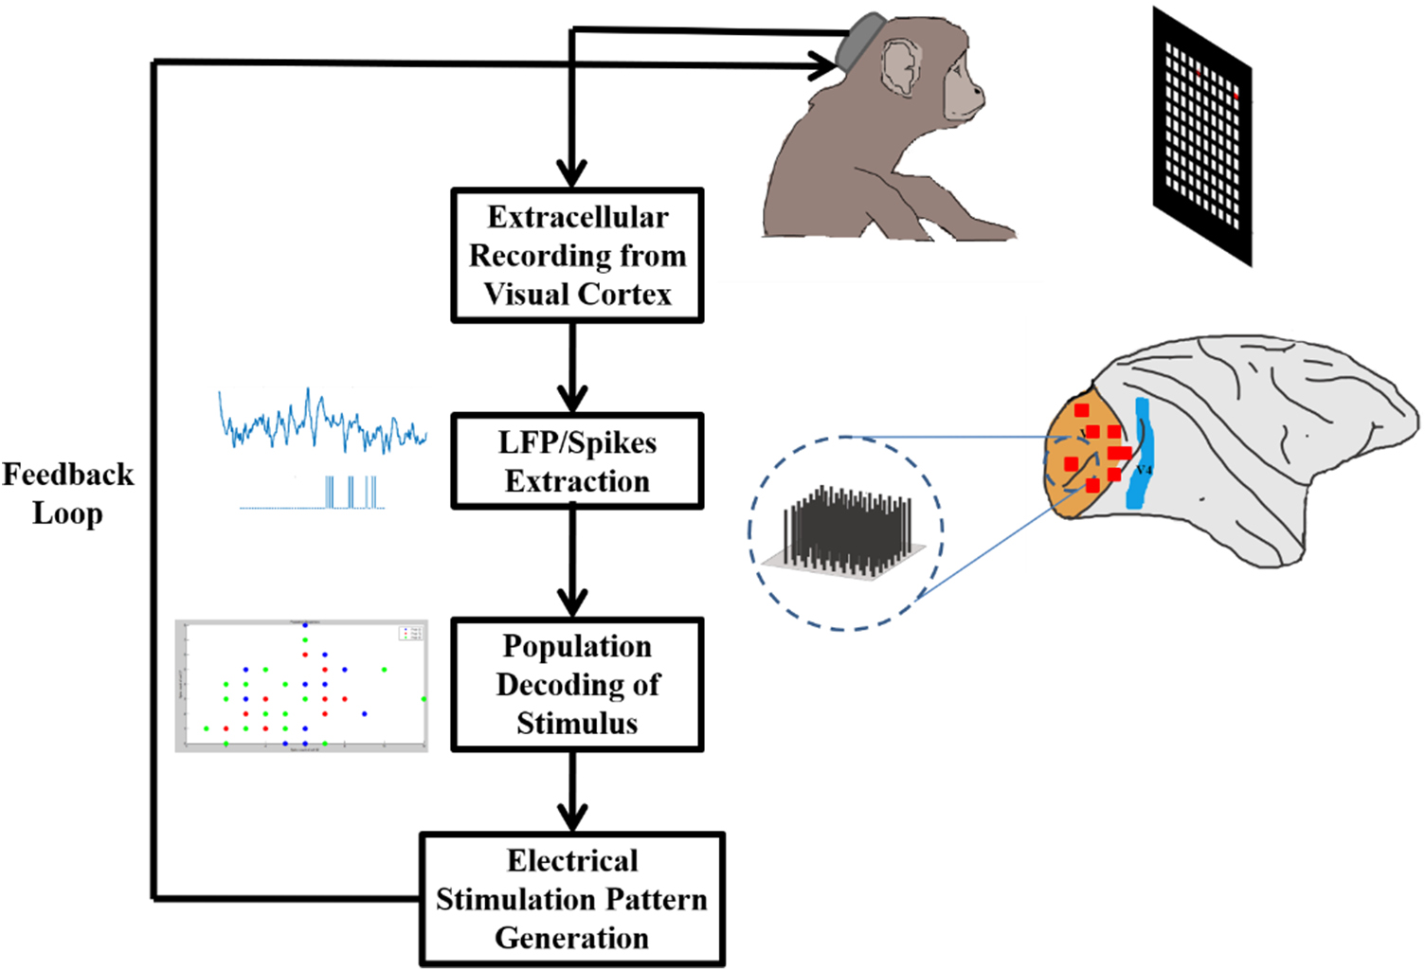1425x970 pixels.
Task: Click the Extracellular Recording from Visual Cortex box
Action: click(577, 256)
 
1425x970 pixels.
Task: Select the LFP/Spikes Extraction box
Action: click(577, 461)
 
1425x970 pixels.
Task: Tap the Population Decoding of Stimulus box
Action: click(577, 684)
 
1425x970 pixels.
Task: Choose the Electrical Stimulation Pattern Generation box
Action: click(572, 899)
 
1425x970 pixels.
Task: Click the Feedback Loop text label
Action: click(67, 494)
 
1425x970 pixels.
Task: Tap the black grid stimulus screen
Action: click(1201, 137)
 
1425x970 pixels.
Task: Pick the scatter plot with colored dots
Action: click(301, 686)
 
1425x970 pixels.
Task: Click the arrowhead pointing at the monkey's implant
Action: click(824, 64)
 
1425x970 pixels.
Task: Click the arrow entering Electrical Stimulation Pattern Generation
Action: click(572, 796)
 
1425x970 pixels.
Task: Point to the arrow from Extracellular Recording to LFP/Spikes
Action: click(572, 369)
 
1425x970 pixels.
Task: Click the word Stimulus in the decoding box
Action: click(577, 723)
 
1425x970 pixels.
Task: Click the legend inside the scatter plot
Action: click(411, 633)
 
